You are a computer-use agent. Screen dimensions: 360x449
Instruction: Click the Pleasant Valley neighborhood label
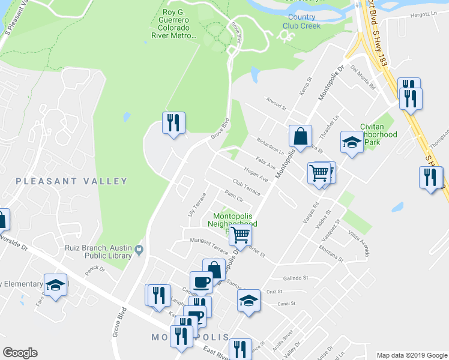click(71, 181)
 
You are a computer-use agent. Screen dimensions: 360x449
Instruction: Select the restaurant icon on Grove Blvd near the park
click(173, 123)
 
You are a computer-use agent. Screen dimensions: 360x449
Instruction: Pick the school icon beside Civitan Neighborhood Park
click(352, 142)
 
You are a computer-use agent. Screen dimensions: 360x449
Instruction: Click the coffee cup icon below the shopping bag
click(201, 281)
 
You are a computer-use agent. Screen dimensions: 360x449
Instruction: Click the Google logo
click(20, 353)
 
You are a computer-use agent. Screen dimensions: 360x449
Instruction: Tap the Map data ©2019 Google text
click(411, 355)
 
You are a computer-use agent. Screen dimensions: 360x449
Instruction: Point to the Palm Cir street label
click(233, 196)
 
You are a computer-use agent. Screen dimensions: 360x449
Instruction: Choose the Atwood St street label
click(276, 104)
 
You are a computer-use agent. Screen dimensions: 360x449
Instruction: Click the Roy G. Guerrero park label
click(171, 23)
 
